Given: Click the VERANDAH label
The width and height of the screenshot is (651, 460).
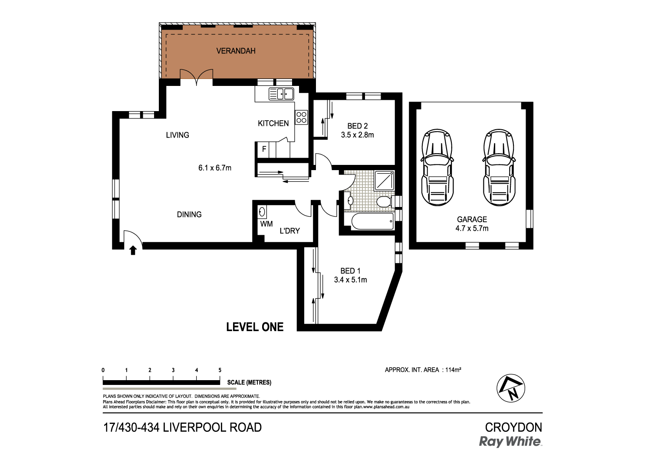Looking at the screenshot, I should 236,51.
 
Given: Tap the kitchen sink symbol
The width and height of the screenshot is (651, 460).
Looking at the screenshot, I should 281,94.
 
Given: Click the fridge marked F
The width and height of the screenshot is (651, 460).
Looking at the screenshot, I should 264,150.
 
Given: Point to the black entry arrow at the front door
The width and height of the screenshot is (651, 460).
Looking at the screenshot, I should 133,250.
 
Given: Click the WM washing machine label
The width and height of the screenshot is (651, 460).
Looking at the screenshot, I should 266,224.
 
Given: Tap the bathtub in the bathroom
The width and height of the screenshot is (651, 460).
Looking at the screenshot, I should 372,221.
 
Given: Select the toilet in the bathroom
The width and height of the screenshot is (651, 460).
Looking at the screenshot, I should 384,201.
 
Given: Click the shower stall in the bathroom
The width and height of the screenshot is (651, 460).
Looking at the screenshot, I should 385,181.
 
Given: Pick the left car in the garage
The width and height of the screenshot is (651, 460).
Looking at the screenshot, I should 437,168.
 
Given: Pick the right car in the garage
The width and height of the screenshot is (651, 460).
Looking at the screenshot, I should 499,168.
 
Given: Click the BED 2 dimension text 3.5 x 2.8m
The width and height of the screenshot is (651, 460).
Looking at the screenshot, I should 357,135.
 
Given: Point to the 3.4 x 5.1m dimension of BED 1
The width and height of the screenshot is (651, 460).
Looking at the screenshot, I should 350,280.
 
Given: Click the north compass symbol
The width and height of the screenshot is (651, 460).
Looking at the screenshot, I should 511,388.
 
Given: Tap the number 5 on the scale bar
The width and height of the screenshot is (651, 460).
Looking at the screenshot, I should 220,370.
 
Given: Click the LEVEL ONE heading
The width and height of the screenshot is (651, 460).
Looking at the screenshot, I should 255,327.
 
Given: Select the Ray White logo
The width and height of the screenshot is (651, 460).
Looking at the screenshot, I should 510,442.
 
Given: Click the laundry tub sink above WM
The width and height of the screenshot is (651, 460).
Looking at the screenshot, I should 262,212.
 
